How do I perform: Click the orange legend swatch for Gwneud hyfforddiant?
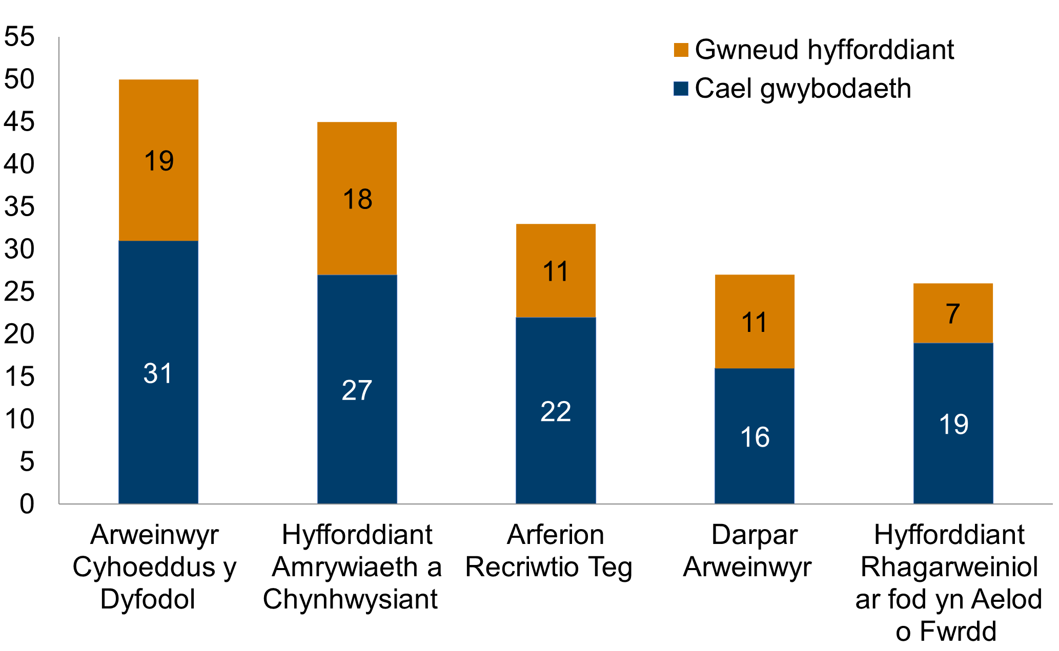point(681,50)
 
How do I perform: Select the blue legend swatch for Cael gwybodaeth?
point(681,89)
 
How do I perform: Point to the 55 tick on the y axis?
point(19,37)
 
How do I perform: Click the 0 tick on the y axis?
point(27,504)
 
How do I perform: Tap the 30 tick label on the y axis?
point(19,249)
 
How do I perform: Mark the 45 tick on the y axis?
point(19,122)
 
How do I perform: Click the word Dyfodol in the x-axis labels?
point(148,599)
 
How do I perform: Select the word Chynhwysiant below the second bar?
point(350,599)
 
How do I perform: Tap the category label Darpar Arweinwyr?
point(747,551)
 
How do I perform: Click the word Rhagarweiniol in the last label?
point(949,567)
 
